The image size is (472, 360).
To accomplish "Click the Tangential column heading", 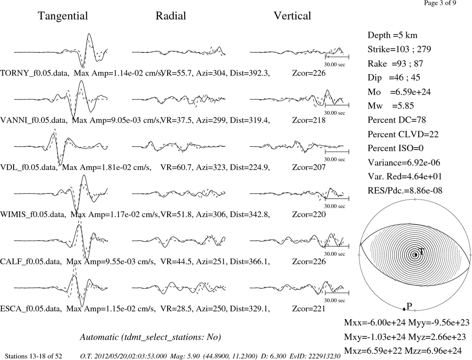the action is [x=63, y=16].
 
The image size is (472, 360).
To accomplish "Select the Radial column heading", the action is [x=171, y=16].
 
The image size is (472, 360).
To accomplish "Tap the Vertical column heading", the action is [x=292, y=16].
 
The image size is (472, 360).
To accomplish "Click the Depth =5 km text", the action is [x=392, y=35].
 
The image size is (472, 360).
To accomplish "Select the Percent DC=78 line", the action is [x=397, y=120].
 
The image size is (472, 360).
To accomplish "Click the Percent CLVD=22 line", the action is [x=403, y=134].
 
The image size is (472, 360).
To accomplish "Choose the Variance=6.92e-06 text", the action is [x=404, y=162].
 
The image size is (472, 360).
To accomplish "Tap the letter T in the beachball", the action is [x=421, y=251].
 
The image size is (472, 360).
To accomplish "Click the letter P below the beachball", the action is [x=409, y=306].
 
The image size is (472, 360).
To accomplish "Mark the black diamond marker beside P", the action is [x=404, y=309].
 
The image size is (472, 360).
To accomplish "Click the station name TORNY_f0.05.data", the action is [x=34, y=73].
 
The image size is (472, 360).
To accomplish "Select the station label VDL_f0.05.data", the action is [x=29, y=167].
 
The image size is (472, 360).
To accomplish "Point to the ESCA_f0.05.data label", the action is [x=31, y=309].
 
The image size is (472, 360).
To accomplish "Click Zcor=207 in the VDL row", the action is [x=309, y=167].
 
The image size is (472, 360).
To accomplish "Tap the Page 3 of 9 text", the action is [x=440, y=3].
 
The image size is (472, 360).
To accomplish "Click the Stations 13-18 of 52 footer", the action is [x=34, y=356].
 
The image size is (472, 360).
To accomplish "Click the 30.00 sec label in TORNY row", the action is [x=335, y=65].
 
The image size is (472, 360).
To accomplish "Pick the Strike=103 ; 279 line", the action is [x=399, y=49].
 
